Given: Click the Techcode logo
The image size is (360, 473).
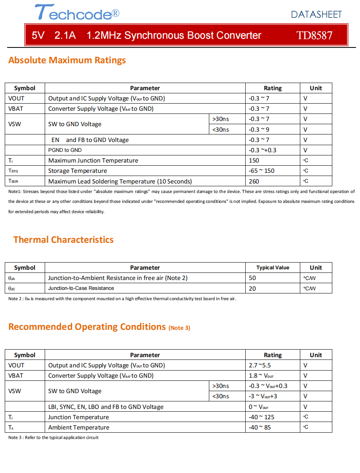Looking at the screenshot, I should tap(77, 13).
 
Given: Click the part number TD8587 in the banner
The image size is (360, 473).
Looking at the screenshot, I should tap(315, 35).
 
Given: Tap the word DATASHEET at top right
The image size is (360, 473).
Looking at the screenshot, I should tap(316, 15).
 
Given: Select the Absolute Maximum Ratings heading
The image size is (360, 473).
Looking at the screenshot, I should tap(67, 60).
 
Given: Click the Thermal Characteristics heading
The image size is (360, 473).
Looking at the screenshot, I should tap(63, 240).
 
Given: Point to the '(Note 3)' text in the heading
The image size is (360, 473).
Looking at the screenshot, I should tap(179, 328).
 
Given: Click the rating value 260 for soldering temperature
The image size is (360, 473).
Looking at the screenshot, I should tap(254, 181).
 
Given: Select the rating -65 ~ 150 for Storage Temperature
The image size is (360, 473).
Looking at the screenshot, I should tap(261, 171).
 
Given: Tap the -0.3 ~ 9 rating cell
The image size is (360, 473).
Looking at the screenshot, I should tap(259, 129).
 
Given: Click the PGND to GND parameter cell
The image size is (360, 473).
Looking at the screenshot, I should tap(65, 150).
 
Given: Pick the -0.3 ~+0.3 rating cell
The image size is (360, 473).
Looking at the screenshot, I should tap(263, 150).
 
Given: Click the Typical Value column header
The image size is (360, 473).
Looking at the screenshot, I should tap(273, 268).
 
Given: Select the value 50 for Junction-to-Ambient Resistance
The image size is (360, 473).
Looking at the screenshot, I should tap(252, 278).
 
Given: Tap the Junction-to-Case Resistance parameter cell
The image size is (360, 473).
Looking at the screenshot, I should tap(81, 288).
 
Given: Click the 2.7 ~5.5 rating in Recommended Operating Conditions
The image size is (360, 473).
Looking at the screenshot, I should tap(260, 365).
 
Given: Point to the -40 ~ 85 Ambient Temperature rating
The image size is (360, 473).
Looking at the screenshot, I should tap(260, 428).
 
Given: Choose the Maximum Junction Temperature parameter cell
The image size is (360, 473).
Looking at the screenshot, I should tap(93, 161).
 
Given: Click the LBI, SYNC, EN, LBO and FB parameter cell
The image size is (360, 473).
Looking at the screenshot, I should tap(106, 407).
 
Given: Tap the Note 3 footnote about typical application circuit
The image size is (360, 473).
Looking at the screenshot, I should tap(53, 437).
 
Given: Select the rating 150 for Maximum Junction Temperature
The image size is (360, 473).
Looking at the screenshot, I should tap(254, 161).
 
